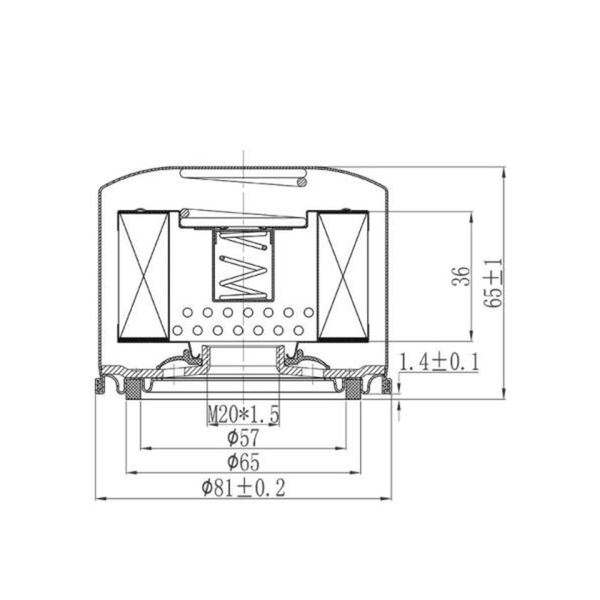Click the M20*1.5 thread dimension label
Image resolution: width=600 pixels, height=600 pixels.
243,414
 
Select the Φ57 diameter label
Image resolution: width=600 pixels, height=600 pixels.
243,438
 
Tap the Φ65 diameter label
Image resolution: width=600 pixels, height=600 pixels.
243,462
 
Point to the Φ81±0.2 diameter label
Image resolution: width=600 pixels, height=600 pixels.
243,488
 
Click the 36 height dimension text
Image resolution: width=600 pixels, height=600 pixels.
461,276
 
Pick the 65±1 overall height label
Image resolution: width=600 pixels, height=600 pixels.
493,284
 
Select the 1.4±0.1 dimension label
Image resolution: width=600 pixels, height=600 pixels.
439,362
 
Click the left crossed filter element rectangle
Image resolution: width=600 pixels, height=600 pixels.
143,276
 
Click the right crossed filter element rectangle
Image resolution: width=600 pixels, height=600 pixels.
343,276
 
